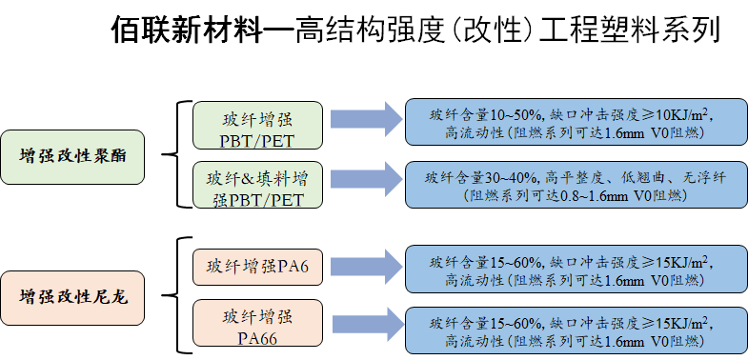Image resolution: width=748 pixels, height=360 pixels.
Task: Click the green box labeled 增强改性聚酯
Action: pos(72,157)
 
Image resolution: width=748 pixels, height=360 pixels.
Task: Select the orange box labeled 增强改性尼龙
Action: pos(72,298)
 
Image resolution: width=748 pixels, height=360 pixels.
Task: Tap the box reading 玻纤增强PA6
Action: pos(257,266)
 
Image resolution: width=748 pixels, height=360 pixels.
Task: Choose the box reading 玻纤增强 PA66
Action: pos(257,327)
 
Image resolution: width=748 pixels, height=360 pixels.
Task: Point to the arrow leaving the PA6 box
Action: pos(367,266)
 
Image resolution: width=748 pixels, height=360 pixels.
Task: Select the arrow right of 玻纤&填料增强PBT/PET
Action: pos(367,179)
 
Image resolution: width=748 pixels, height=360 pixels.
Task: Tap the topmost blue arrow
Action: pos(367,119)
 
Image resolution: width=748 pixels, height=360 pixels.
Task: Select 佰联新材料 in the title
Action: pos(187,30)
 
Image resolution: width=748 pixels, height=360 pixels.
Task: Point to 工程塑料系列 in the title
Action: pos(629,30)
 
